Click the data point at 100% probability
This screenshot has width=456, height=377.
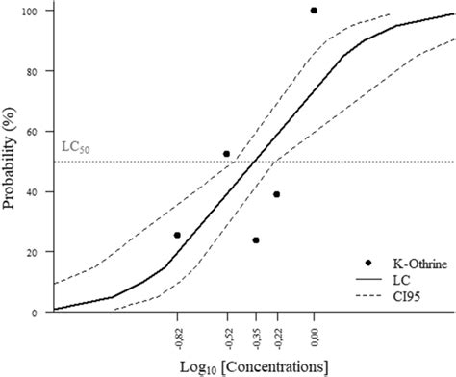tap(314, 11)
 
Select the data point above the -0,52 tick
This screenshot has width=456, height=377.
tap(227, 154)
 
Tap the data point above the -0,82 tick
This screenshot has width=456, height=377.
tap(177, 235)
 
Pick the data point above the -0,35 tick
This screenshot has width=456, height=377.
tap(256, 240)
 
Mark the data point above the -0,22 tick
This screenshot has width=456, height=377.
tap(277, 194)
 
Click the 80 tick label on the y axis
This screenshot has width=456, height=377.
tap(41, 71)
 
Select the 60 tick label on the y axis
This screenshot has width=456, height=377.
tap(41, 132)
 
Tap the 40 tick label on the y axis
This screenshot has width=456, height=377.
tap(41, 192)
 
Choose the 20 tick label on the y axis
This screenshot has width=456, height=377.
tap(41, 252)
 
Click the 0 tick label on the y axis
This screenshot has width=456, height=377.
tap(44, 313)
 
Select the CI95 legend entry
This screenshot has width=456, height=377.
tap(402, 296)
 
